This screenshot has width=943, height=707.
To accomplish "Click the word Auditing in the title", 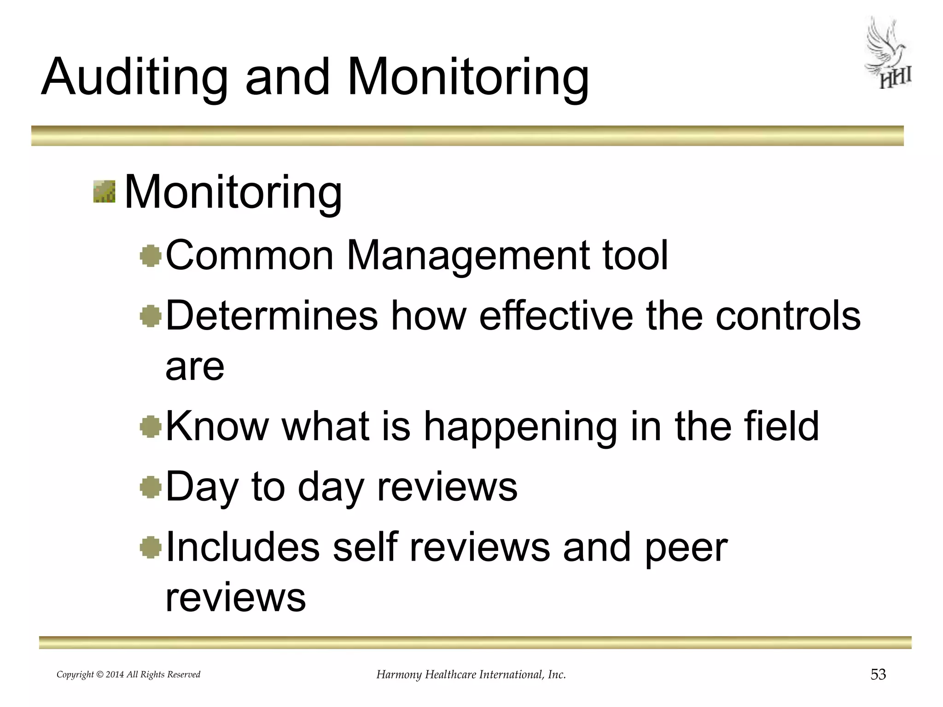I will pyautogui.click(x=134, y=77).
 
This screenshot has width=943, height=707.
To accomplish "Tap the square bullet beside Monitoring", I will pyautogui.click(x=104, y=191).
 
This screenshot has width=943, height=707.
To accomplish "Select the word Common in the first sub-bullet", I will pyautogui.click(x=249, y=255).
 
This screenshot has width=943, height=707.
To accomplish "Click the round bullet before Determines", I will pyautogui.click(x=151, y=317).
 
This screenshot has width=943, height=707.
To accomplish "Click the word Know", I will pyautogui.click(x=216, y=426).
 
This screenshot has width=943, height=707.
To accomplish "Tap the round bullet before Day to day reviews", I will pyautogui.click(x=151, y=487).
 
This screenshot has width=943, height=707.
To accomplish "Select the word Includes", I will pyautogui.click(x=242, y=547).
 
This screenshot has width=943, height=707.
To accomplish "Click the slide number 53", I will pyautogui.click(x=878, y=674).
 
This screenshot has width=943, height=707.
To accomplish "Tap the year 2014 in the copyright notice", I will pyautogui.click(x=115, y=675).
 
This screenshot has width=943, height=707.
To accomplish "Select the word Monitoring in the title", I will pyautogui.click(x=468, y=77).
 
